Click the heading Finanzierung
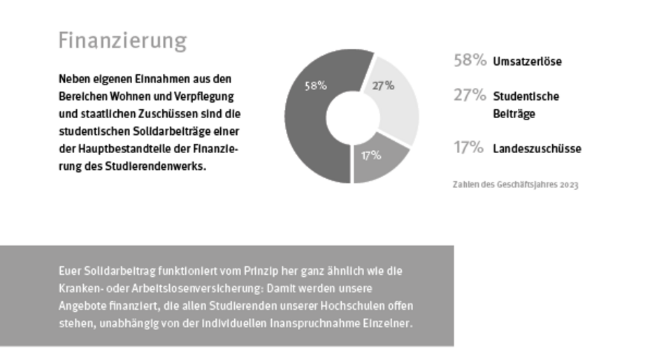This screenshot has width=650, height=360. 122,41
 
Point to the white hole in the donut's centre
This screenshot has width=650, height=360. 353,115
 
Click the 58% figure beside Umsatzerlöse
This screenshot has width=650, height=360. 470,61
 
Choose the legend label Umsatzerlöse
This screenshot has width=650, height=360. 527,62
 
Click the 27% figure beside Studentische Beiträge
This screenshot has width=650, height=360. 470,96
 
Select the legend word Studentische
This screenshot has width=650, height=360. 526,96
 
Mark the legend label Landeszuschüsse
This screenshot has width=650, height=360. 537,149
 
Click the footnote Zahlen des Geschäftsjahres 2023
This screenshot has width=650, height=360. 516,185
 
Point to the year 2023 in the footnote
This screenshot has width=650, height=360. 569,185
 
